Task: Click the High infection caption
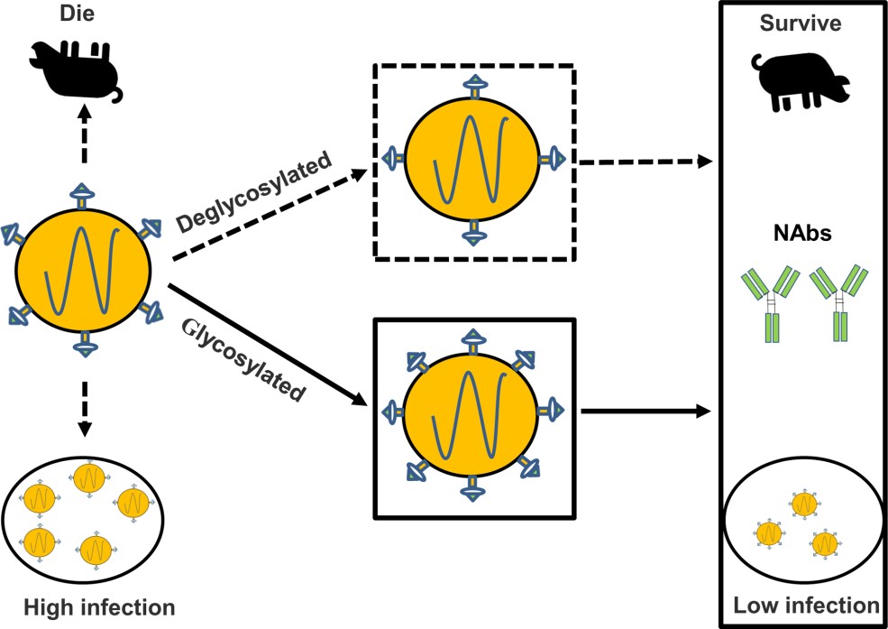coord(87,605)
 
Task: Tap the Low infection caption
coord(805,605)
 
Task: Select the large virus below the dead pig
coord(84,267)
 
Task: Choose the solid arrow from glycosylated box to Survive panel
coord(642,412)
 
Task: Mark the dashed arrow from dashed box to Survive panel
coord(642,162)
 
